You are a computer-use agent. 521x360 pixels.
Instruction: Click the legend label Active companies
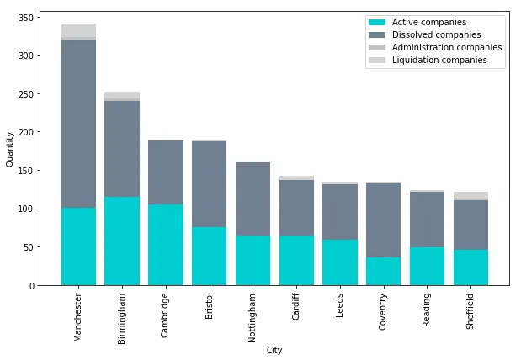tap(428, 22)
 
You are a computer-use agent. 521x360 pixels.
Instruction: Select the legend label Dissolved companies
tap(436, 34)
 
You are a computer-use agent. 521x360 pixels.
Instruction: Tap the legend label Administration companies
tap(447, 48)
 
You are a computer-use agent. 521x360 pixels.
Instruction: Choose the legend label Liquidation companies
tap(439, 61)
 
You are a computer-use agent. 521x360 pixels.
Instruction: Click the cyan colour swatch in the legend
tap(377, 22)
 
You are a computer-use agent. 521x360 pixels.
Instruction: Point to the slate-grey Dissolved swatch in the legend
tap(377, 34)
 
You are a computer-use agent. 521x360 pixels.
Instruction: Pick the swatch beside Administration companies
tap(377, 48)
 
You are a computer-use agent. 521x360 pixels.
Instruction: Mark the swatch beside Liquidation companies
tap(377, 61)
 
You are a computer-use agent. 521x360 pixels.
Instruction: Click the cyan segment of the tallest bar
tap(78, 246)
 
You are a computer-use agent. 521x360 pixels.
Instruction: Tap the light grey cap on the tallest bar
tap(78, 30)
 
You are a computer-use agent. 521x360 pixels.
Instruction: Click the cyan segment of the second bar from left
tap(122, 241)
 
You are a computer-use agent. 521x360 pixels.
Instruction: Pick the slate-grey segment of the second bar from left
tap(122, 149)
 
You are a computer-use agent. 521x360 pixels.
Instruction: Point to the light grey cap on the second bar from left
tap(122, 95)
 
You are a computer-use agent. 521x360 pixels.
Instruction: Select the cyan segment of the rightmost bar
tap(470, 267)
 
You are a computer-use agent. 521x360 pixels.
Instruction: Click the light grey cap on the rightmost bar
tap(470, 196)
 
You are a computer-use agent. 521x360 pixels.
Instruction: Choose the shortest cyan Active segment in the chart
tap(383, 271)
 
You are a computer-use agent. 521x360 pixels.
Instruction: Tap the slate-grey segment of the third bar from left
tap(166, 172)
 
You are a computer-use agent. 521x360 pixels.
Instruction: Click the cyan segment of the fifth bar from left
tap(253, 260)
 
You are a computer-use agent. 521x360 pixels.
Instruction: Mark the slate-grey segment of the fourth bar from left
tap(209, 184)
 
